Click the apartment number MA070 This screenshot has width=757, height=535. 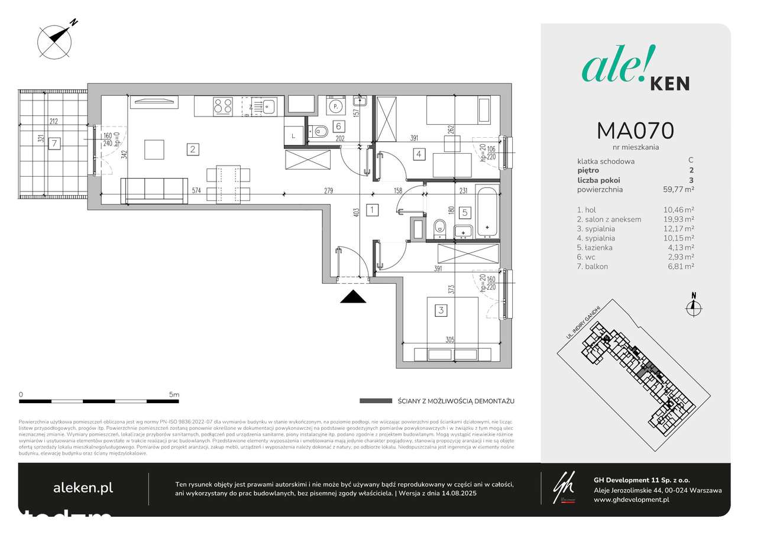(x=636, y=130)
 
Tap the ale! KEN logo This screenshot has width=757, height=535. (x=636, y=71)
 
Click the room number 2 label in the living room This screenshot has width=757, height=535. (x=193, y=149)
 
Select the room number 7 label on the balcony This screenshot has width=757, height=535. (x=54, y=143)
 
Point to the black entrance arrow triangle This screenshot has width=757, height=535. (x=353, y=297)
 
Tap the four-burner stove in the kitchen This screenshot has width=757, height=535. (x=223, y=106)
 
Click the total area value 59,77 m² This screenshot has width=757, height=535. (x=677, y=190)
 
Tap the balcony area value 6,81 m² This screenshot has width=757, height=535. (x=680, y=267)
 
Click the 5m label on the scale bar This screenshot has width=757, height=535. (x=174, y=394)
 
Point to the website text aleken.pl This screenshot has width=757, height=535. (x=83, y=488)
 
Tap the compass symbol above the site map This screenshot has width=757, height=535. (x=694, y=305)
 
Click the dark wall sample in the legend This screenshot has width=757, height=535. (x=376, y=401)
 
